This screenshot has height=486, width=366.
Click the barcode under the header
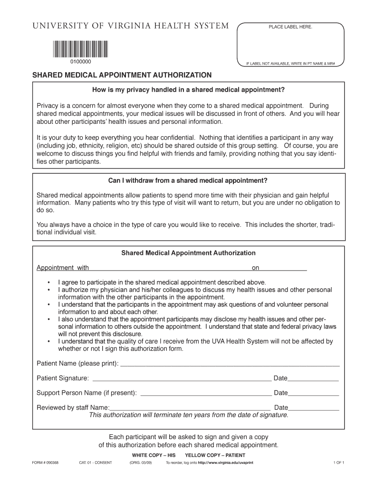coord(78,48)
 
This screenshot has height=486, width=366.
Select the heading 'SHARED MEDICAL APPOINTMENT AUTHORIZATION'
coord(122,75)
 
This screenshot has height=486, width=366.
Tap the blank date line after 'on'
coord(283,269)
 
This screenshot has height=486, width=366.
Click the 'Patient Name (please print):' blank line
coord(230,365)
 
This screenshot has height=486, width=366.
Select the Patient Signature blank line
coord(182,380)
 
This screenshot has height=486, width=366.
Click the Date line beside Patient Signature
coord(313,380)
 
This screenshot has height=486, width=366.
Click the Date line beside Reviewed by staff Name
coord(314,409)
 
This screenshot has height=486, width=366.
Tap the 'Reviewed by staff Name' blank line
coord(190,409)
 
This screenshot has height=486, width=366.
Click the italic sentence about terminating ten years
coord(189,415)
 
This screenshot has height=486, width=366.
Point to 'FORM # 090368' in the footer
coord(45,462)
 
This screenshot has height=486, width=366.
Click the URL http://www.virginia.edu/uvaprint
coord(222,462)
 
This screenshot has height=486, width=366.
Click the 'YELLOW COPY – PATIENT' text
coord(215,455)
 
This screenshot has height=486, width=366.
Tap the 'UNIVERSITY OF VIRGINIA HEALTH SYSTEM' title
coord(130,26)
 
